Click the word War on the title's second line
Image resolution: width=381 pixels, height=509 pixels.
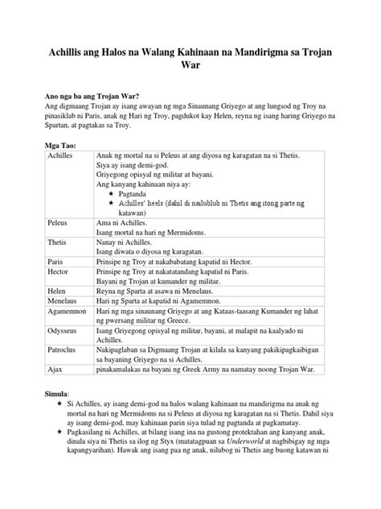[190, 68]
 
